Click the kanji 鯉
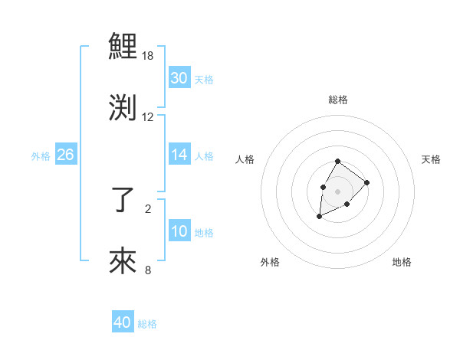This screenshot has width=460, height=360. pos(123,48)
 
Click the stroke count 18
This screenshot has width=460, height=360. pos(148,57)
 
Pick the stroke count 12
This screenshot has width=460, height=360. pos(148,117)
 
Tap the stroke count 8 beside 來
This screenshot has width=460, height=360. pos(148,270)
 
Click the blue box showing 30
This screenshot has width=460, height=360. pos(179,78)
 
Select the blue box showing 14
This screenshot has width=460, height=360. pos(179,155)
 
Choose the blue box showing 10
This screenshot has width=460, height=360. pos(179,231)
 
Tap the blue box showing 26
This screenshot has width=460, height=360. pos(65,155)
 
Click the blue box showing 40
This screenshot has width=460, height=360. pos(122,322)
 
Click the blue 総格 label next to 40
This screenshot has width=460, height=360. pos(147,324)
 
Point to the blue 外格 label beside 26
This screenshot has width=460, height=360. pos(41,156)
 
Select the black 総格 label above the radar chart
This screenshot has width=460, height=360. pos(338,100)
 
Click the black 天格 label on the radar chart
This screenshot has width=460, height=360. pos(431,159)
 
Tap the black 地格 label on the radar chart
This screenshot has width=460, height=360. pos(402,262)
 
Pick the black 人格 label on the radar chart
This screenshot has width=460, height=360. pos(245,159)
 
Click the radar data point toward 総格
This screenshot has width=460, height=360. pos(338,161)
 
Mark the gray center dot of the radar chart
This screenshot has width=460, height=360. pos(338,190)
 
